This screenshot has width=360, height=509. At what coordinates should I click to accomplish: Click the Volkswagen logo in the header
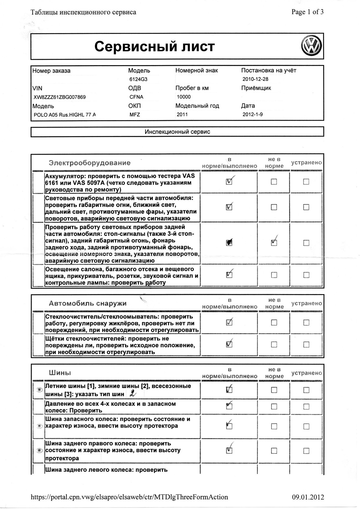point(311,46)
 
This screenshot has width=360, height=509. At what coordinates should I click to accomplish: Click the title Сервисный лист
point(154,46)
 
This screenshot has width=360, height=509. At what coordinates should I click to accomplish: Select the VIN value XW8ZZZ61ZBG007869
point(60,97)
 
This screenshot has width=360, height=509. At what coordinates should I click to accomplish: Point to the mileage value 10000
point(184,97)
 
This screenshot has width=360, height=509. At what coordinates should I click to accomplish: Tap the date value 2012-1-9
point(252,115)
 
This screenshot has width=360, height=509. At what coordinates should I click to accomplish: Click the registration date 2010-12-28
point(256,79)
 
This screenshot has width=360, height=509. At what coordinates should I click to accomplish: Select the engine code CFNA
point(136,97)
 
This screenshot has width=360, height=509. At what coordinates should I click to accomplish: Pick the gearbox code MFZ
point(135,115)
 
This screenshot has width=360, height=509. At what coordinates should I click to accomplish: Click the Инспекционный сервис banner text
point(177,132)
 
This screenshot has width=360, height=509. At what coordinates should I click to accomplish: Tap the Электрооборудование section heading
point(89,163)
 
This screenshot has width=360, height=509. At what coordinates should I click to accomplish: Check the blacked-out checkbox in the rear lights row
point(229,243)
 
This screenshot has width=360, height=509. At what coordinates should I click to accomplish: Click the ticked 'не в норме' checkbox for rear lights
point(274,243)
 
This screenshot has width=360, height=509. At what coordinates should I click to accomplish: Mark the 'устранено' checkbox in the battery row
point(306,182)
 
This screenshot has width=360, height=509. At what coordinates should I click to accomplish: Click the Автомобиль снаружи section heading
point(88,303)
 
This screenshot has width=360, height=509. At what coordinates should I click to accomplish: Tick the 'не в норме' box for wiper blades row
point(274,345)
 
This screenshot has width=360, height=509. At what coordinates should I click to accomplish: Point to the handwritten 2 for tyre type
point(133,394)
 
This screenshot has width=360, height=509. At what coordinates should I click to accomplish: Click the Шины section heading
point(60,373)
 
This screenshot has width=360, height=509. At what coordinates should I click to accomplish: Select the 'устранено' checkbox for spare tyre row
point(306,426)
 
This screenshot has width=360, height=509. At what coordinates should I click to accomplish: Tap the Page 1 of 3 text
point(307,12)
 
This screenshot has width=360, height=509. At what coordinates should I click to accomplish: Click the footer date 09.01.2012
point(308,497)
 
